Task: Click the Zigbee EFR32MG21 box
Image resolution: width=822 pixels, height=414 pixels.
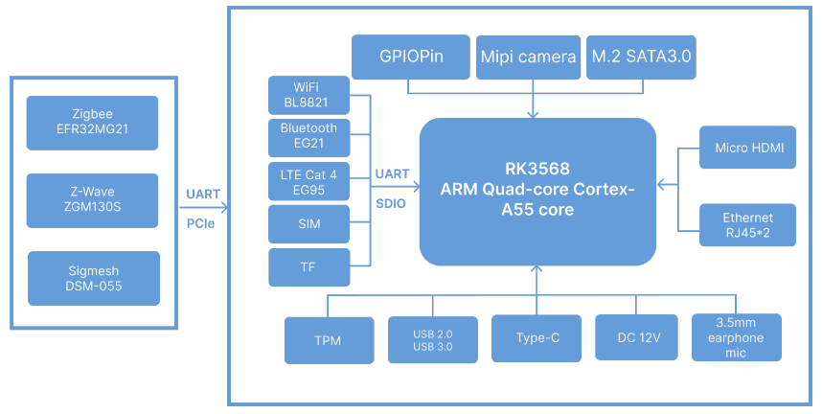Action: coord(92,123)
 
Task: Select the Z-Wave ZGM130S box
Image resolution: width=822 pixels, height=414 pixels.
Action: coord(92,200)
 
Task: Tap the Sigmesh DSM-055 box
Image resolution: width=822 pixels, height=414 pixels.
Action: coord(94,279)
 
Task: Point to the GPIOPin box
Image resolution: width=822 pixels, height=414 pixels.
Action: coord(410,57)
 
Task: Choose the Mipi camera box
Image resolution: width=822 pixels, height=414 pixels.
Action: coord(529,57)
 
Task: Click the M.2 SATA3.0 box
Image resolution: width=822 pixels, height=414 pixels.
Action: coord(641,57)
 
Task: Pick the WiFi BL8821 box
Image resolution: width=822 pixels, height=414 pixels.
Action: coord(308,95)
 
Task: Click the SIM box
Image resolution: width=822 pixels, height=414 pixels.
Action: coord(308,223)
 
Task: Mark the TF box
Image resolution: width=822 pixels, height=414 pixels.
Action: coord(308,267)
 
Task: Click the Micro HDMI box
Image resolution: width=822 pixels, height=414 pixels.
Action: coord(747,148)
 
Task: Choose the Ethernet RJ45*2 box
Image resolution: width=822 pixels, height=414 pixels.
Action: coord(747,225)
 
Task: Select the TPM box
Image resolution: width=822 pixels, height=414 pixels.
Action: coord(329,340)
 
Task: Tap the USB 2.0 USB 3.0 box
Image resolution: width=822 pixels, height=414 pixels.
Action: coord(432,339)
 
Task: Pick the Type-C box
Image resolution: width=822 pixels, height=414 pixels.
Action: coord(537,338)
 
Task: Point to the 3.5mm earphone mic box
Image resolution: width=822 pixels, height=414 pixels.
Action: coord(737,337)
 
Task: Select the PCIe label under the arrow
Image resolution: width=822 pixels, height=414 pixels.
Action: coord(200,223)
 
